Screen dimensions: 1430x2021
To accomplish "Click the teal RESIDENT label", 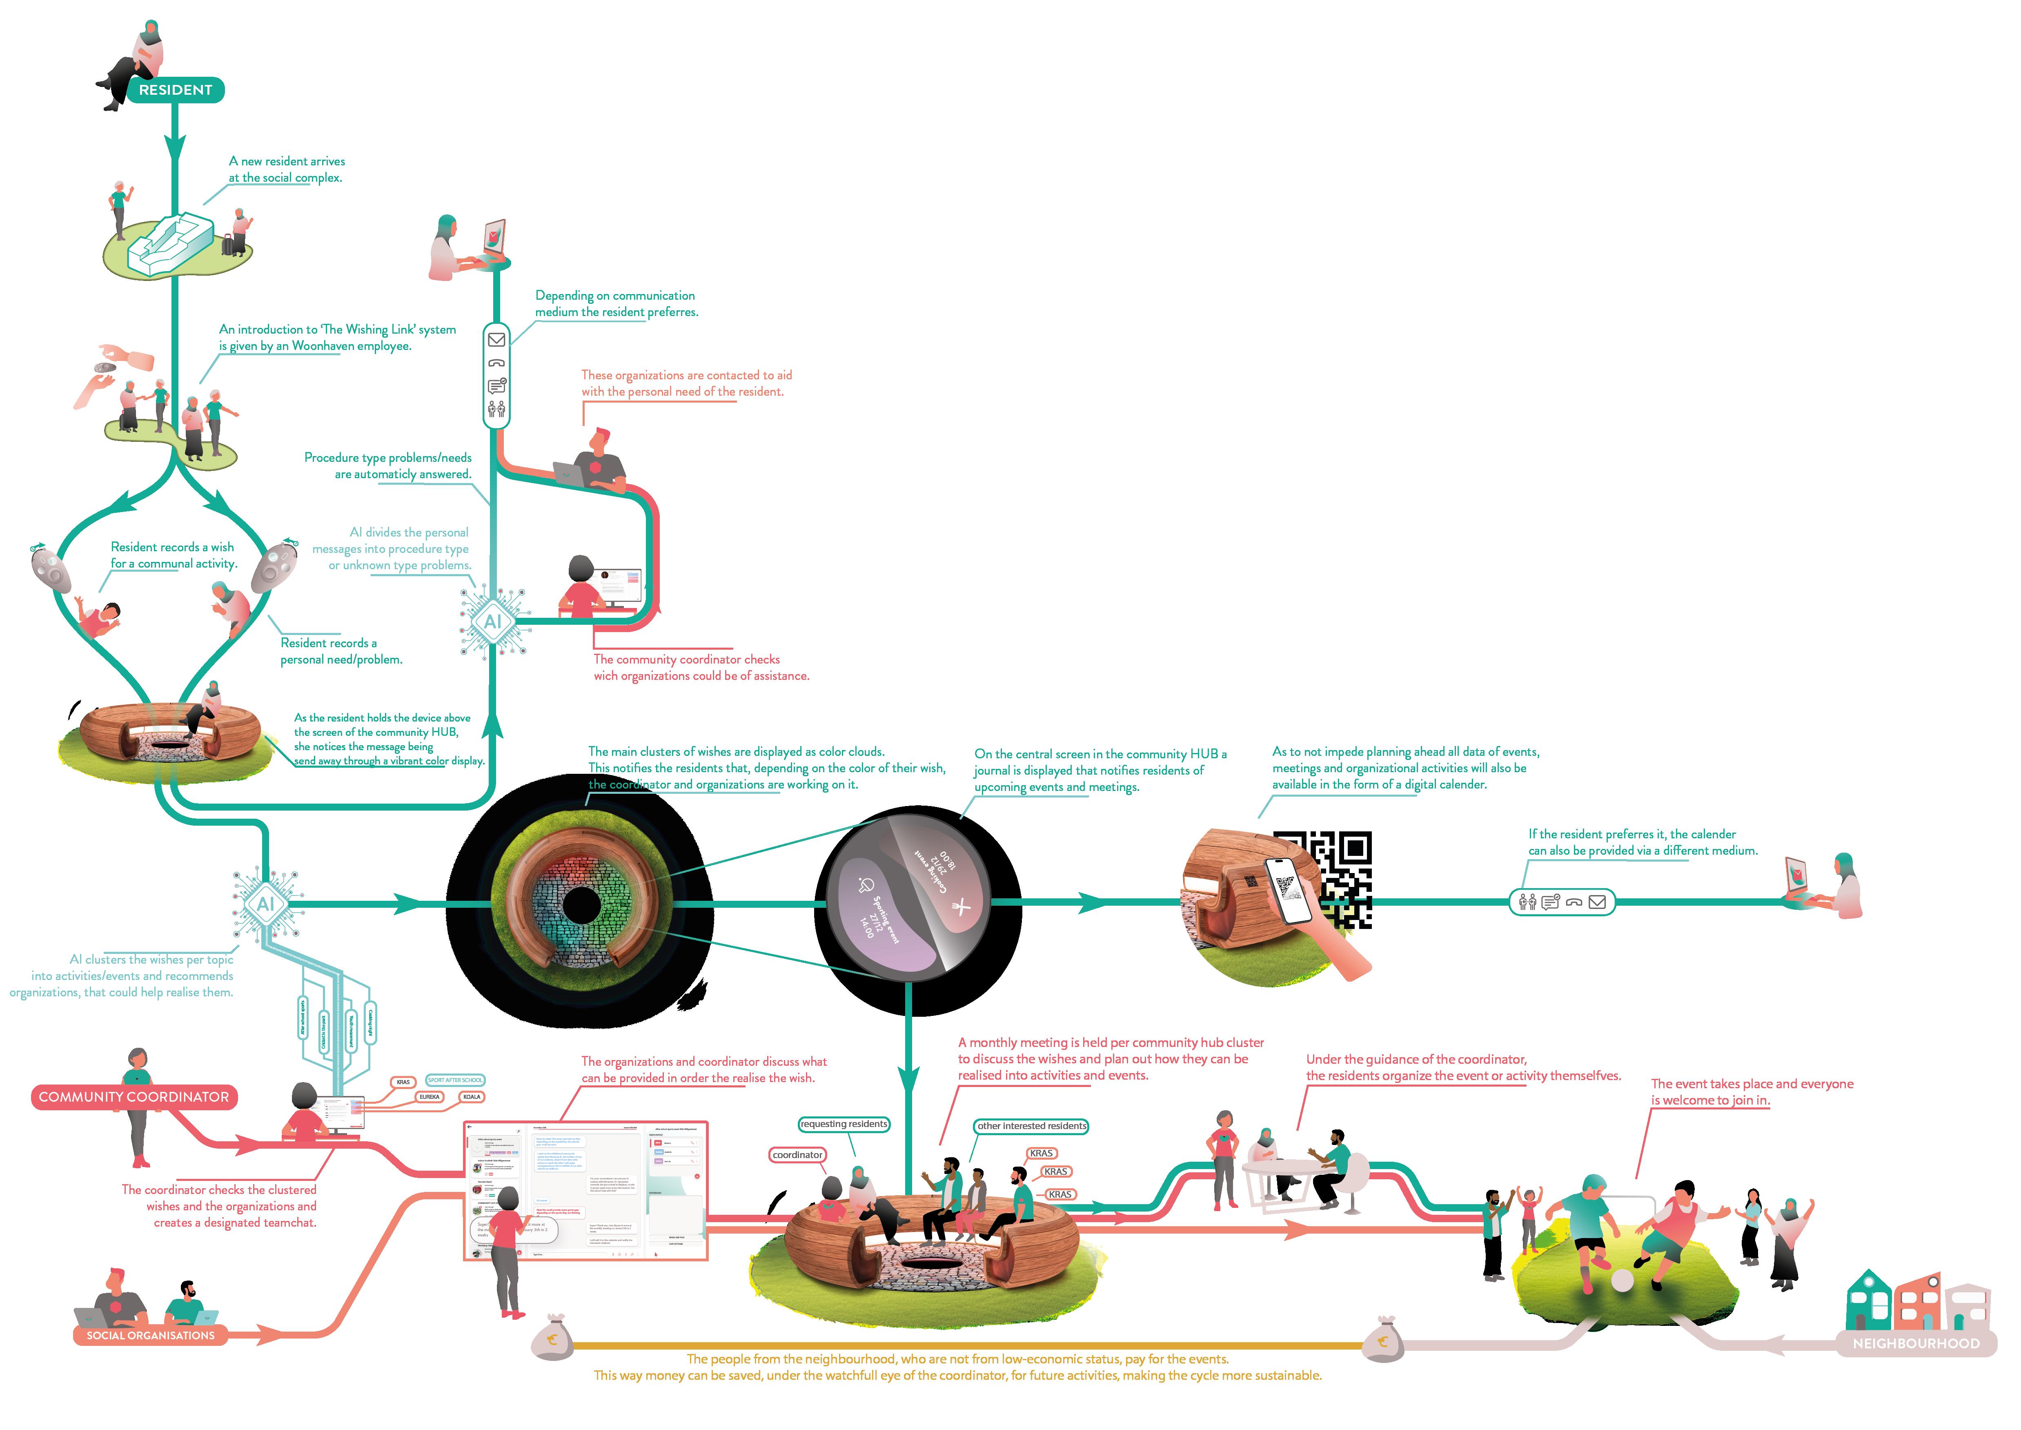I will pyautogui.click(x=175, y=90).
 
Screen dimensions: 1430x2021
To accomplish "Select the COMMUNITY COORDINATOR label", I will pyautogui.click(x=134, y=1097).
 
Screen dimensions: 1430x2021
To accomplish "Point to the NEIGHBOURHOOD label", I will pyautogui.click(x=1915, y=1344).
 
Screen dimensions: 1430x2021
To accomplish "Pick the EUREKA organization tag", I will pyautogui.click(x=430, y=1097).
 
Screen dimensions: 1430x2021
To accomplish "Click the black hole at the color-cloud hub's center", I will pyautogui.click(x=581, y=904).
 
